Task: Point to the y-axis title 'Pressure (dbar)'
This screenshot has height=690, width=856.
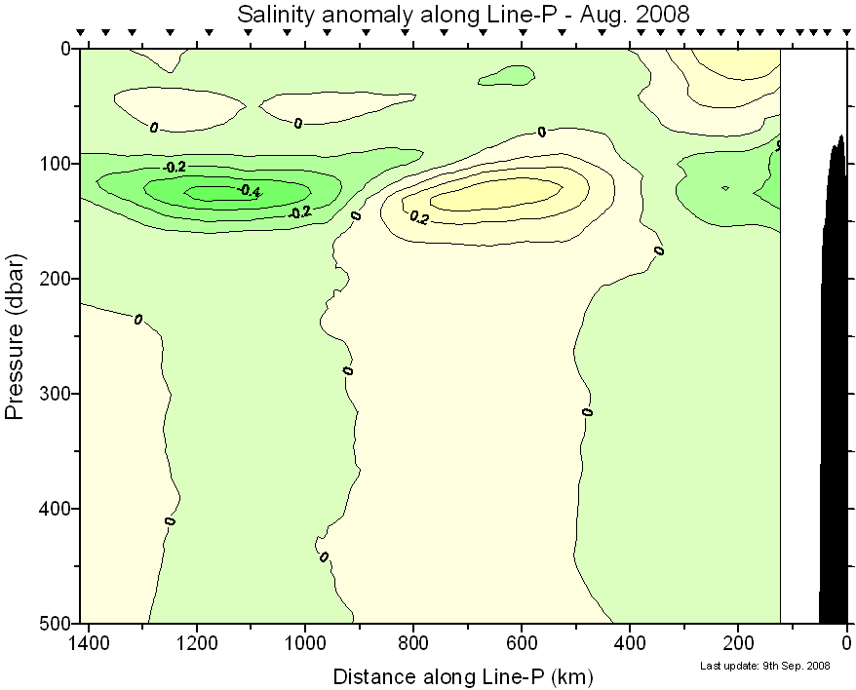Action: click(x=15, y=335)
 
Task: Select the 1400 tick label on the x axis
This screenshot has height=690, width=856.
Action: click(x=89, y=644)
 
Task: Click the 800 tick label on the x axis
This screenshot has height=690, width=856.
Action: click(x=413, y=644)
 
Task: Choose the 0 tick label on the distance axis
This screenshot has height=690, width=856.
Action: click(x=846, y=644)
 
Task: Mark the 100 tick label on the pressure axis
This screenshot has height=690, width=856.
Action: click(x=56, y=164)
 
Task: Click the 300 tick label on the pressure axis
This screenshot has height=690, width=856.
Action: click(x=56, y=394)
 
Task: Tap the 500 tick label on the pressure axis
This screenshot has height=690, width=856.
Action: click(x=56, y=623)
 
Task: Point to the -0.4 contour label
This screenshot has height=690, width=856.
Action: click(x=249, y=192)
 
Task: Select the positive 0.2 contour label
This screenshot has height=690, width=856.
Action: click(x=419, y=217)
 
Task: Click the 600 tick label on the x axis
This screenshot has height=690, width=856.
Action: click(x=522, y=644)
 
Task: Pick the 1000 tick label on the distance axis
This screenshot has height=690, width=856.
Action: click(x=305, y=644)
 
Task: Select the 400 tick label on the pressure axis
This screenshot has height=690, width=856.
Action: click(x=56, y=509)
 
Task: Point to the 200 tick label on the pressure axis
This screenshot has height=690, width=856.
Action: click(x=56, y=279)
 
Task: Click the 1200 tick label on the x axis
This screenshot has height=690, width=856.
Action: click(x=197, y=644)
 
